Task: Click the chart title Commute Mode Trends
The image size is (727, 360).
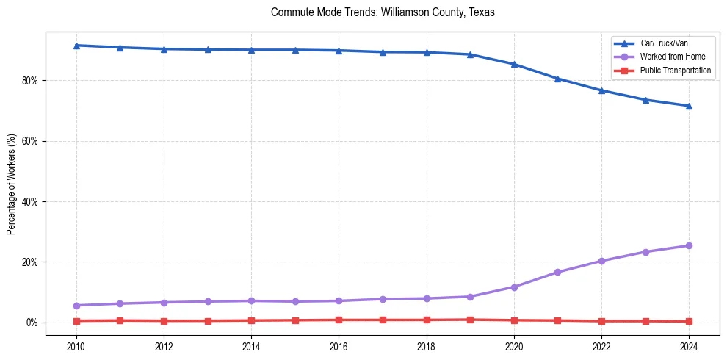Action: [x=383, y=12]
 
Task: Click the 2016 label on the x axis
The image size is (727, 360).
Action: [x=339, y=346]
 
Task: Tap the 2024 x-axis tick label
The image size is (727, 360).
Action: [x=689, y=346]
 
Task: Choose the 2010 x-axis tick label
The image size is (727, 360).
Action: [x=76, y=346]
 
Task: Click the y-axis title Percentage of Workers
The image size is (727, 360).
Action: [x=12, y=184]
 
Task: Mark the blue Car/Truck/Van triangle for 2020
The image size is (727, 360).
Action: [x=514, y=64]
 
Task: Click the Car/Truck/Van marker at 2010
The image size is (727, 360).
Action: [x=76, y=46]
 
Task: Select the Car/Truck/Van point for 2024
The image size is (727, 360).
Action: [x=689, y=106]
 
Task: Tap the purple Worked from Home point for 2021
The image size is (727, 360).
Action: [x=557, y=272]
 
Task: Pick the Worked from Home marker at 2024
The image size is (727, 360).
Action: [x=689, y=245]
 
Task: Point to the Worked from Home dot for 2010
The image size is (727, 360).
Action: [x=76, y=306]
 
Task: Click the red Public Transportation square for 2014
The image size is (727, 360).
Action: [x=251, y=320]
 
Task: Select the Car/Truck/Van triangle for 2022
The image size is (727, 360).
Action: [x=601, y=90]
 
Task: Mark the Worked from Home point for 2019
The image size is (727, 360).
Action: [x=470, y=297]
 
